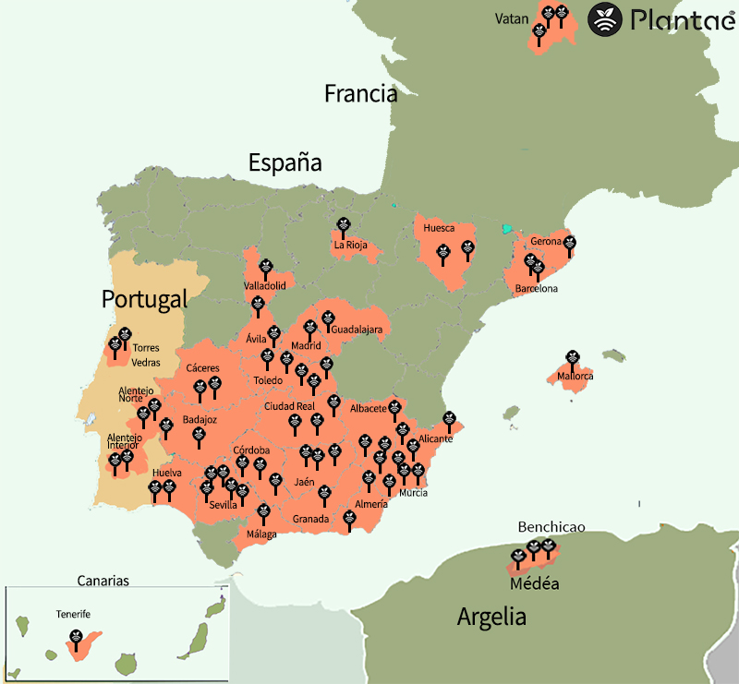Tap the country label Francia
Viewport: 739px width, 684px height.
click(360, 93)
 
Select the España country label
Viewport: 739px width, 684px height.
click(285, 163)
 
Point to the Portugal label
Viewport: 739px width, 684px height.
click(144, 299)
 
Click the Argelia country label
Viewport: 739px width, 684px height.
click(491, 617)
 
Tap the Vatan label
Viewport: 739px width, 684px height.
click(511, 18)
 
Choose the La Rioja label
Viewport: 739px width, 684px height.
click(350, 246)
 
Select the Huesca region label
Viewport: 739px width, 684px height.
click(439, 228)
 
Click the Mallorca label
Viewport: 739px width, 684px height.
click(575, 377)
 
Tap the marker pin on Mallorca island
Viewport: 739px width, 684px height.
click(572, 356)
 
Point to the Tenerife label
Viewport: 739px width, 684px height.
click(73, 614)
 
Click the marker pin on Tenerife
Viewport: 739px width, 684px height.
click(76, 637)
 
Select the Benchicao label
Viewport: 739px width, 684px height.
click(551, 526)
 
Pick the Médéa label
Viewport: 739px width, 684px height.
click(534, 584)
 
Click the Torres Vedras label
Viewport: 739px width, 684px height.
click(146, 354)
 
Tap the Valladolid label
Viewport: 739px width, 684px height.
click(265, 286)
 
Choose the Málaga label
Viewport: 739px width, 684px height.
click(261, 534)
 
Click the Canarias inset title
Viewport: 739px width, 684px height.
click(103, 581)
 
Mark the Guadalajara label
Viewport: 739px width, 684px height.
click(356, 329)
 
